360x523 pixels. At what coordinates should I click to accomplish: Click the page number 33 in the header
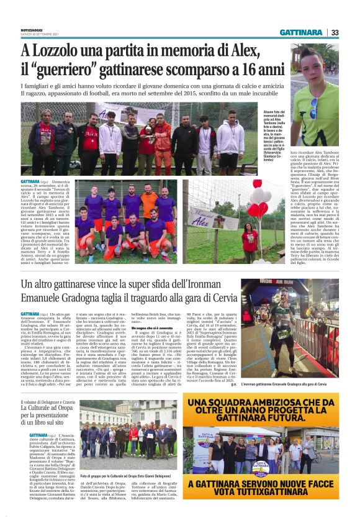click(335, 32)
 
